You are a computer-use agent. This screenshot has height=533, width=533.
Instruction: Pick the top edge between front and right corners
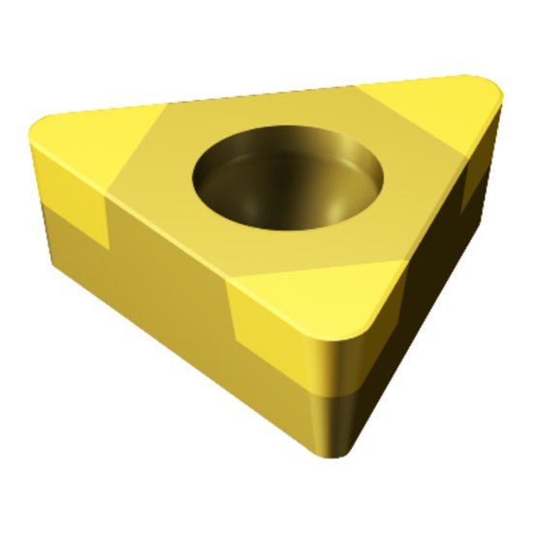(x=436, y=223)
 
